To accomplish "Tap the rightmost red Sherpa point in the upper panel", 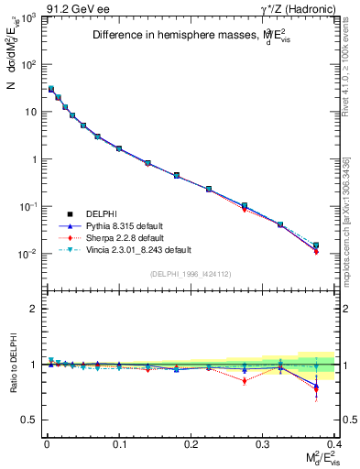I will click(316, 251).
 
